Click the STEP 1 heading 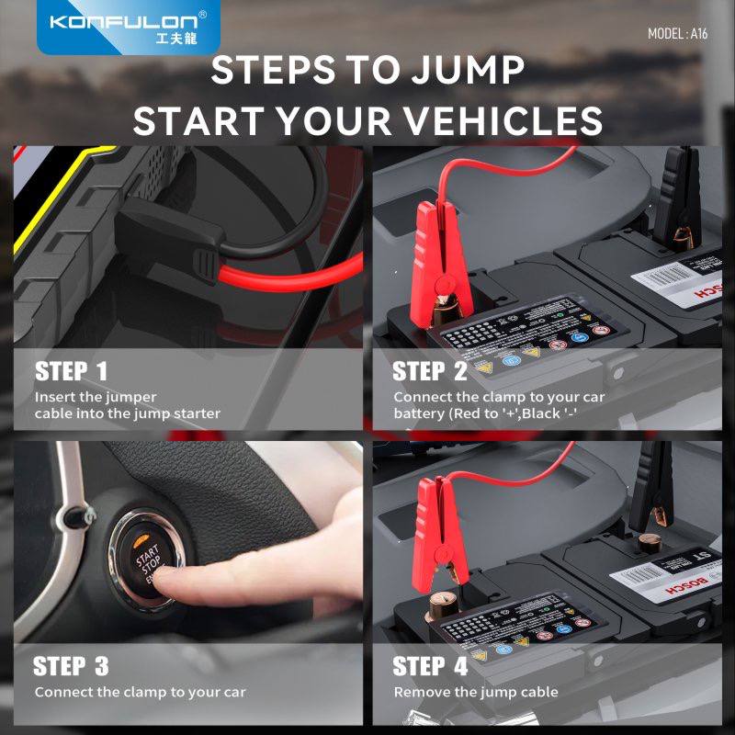click(72, 371)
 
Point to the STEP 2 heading click(430, 371)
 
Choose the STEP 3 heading click(72, 665)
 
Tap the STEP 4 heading click(430, 665)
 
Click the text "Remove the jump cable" click(476, 692)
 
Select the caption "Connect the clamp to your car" click(140, 692)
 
